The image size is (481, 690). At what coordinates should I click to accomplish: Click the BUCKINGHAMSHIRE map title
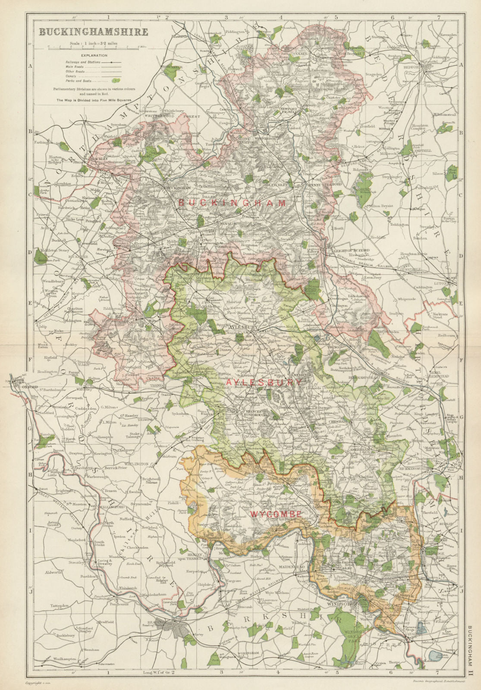click(x=94, y=32)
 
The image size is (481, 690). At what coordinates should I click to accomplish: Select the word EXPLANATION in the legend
click(x=93, y=55)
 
